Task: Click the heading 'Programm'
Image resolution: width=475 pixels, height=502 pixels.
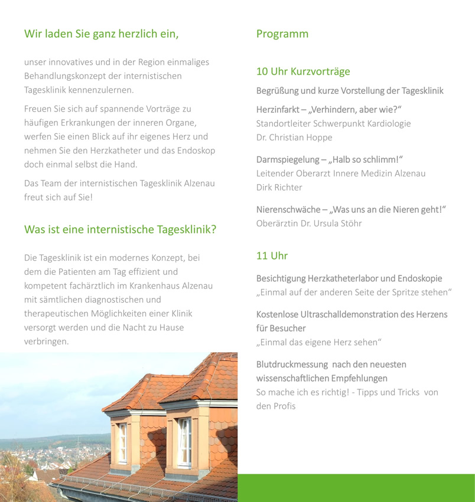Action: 282,34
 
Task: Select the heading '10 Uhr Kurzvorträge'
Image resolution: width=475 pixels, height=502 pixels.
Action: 303,71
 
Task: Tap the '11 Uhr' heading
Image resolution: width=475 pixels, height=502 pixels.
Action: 272,255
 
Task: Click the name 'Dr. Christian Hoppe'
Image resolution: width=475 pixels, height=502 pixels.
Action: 294,137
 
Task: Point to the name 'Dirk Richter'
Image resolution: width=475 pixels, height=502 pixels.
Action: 279,187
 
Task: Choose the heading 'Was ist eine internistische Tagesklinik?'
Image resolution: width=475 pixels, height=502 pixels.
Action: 120,229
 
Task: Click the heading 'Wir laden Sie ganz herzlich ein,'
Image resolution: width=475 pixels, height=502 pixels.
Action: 101,34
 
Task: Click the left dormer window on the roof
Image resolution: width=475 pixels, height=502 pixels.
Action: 122,442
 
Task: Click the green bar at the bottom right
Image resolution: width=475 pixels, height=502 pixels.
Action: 356,488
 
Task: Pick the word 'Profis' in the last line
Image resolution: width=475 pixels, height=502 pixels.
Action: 284,406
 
